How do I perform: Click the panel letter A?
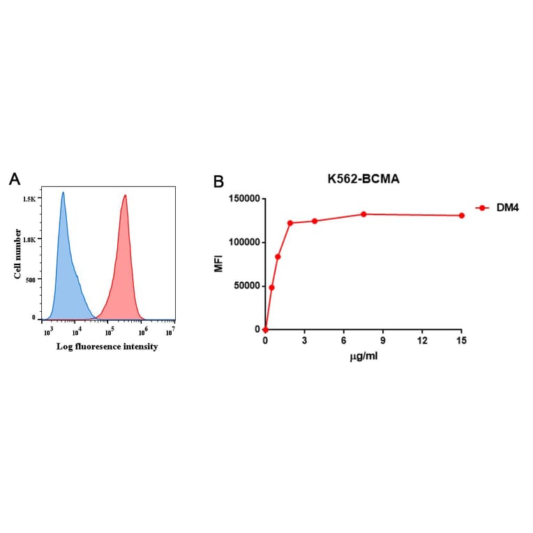tap(15, 179)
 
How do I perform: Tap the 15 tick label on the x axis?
tap(460, 340)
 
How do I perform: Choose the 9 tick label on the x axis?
tap(382, 340)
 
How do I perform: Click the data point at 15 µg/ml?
tap(461, 216)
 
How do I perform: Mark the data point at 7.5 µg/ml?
tap(363, 214)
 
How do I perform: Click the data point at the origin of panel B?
tap(265, 329)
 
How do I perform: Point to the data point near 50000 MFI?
tap(271, 287)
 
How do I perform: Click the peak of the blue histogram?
tap(63, 193)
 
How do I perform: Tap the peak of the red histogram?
tap(125, 196)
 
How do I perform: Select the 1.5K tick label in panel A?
tap(29, 199)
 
